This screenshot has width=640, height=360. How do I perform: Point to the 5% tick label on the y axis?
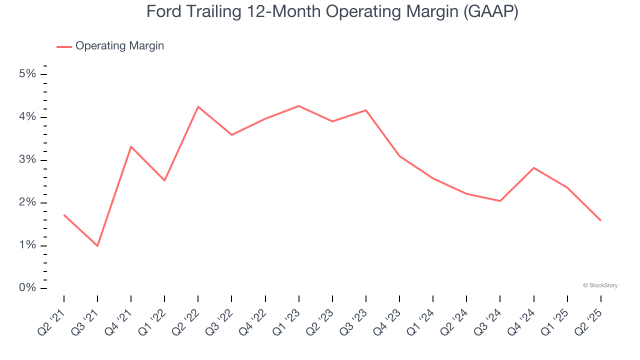point(27,74)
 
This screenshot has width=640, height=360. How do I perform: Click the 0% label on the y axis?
point(27,288)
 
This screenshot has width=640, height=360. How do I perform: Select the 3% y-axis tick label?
point(27,160)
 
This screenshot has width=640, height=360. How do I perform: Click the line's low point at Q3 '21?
point(97,246)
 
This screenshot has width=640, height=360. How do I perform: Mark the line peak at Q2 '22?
point(198,106)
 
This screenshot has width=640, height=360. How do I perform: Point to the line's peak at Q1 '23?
point(299,105)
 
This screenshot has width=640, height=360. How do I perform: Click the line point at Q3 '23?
point(366,110)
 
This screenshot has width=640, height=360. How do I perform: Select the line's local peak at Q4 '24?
point(534,167)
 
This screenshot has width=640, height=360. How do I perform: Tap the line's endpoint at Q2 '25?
point(600,220)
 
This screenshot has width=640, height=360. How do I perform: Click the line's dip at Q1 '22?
point(164,180)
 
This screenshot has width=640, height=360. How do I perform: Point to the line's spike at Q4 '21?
point(131,146)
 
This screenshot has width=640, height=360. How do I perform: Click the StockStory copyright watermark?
point(600,285)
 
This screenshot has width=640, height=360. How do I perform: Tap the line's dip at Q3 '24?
point(500,201)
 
